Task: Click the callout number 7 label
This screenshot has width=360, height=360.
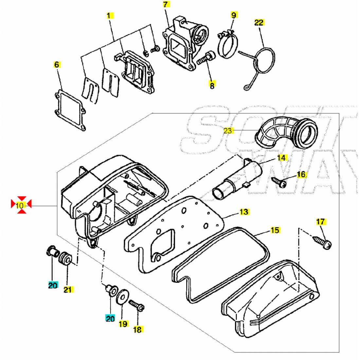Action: click(166, 5)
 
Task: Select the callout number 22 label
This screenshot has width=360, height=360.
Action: click(259, 23)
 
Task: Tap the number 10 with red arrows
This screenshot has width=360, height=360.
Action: click(20, 206)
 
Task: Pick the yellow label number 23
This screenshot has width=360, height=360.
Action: click(228, 131)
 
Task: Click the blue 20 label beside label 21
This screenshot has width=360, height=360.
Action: click(53, 285)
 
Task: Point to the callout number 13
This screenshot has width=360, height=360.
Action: click(244, 212)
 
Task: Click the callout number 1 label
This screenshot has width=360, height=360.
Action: click(110, 15)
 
